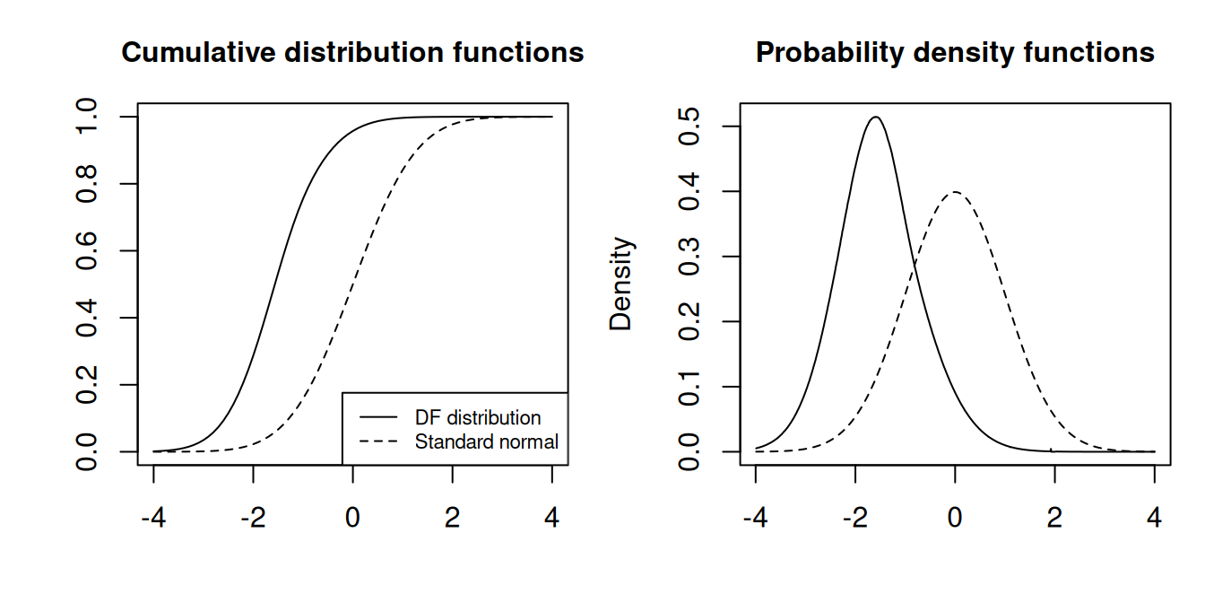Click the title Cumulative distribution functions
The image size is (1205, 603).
352,53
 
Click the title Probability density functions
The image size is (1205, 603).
955,53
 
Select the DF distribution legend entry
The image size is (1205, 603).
478,418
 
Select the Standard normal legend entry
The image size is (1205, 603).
487,441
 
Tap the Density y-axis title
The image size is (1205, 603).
621,284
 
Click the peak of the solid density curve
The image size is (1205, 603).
876,117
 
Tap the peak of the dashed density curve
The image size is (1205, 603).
956,192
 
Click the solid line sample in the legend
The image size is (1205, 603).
377,418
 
